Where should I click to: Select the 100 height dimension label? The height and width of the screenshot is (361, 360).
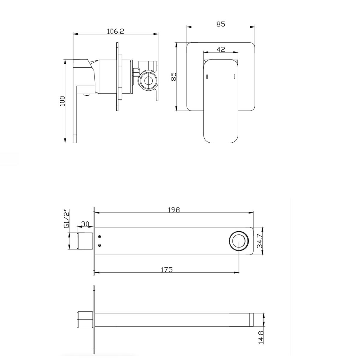point(62,101)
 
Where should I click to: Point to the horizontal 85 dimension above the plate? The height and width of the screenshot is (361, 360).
point(221,24)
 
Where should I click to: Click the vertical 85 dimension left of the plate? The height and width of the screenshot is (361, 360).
point(174,76)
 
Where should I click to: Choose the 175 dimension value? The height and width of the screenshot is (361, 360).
point(166,270)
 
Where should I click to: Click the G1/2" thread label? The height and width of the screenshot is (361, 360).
point(66,218)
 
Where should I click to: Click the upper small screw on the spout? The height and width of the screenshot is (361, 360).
point(100,237)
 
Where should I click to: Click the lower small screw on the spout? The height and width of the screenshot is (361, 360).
point(100,245)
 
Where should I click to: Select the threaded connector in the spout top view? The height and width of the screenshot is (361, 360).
point(85,241)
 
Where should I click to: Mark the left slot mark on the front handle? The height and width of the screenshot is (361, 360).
point(207,77)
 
